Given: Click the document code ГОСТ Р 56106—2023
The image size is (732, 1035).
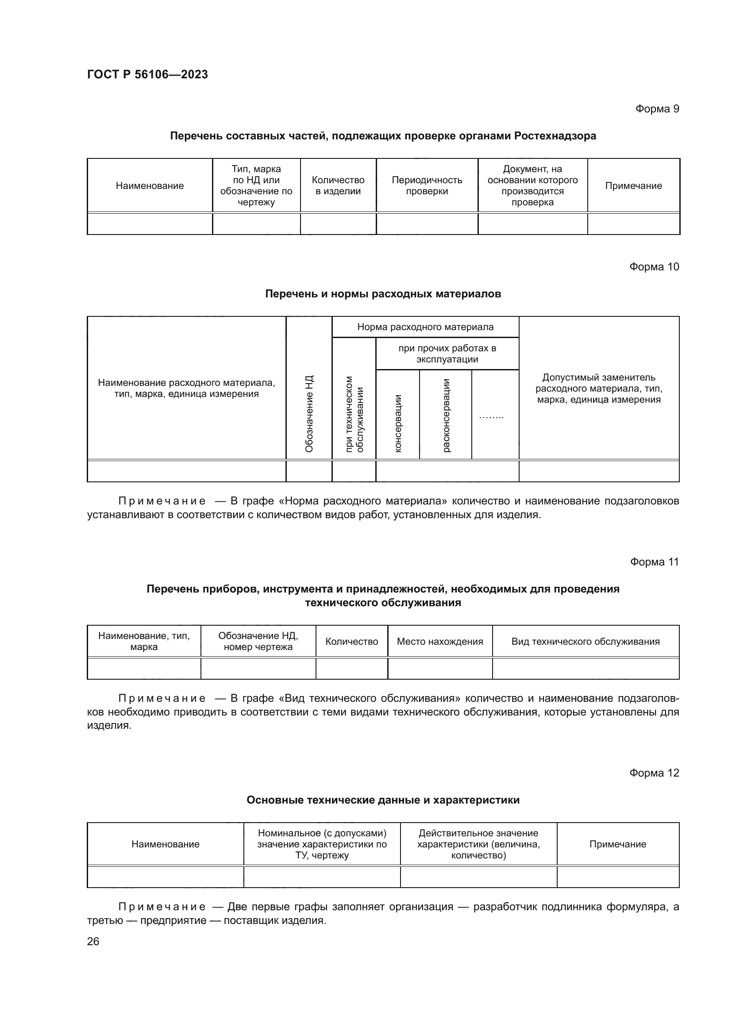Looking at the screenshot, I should (147, 74).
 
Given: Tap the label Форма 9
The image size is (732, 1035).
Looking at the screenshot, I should (657, 109).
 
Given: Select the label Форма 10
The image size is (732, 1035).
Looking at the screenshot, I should (654, 267).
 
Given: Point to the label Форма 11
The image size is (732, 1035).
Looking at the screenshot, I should (654, 562).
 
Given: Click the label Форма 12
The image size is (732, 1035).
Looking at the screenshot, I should (654, 773).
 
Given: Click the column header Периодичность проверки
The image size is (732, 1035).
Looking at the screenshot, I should (427, 185).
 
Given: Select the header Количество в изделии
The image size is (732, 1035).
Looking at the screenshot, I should (338, 185).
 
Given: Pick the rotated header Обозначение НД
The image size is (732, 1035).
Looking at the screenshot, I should (309, 413).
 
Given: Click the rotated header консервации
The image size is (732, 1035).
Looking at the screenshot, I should (397, 423).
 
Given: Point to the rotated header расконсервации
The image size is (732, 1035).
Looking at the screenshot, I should (446, 415).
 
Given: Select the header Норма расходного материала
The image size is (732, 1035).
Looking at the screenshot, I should (425, 327).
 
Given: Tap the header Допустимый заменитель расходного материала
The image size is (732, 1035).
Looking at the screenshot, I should (599, 388).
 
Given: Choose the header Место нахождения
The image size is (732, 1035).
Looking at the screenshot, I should (439, 642).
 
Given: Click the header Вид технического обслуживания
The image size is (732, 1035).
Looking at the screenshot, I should (585, 642).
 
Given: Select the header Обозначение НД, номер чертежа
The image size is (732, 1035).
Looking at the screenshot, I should (258, 641).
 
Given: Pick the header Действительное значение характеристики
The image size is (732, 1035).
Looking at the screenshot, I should (478, 844).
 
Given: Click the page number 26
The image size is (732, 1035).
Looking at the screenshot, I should (93, 941).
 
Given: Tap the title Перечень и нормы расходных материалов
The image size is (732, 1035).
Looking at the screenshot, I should (383, 294).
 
